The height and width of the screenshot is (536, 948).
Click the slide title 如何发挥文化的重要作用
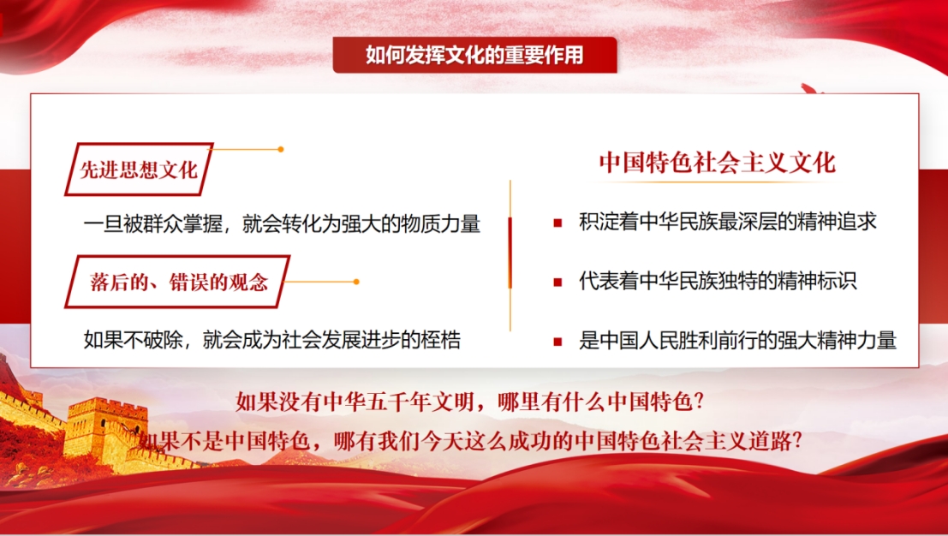(x=474, y=55)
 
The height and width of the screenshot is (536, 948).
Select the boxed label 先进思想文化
(x=139, y=170)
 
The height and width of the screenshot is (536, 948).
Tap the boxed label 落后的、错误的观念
(x=178, y=283)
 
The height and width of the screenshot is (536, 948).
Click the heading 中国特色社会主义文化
(x=717, y=163)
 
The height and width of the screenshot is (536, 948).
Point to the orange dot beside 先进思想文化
(x=281, y=149)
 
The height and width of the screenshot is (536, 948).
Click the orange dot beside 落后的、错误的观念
(x=356, y=282)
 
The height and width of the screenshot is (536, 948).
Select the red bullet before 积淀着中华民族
(x=557, y=223)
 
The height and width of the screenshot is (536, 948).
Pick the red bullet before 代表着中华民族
(x=557, y=283)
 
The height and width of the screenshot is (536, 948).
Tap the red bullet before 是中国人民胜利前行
(x=557, y=342)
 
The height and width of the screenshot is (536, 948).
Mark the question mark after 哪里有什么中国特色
(x=700, y=402)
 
